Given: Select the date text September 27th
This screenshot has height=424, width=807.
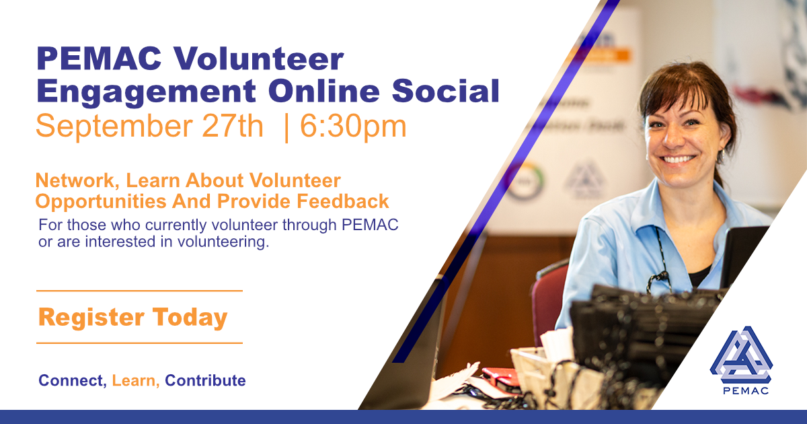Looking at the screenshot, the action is click(149, 127).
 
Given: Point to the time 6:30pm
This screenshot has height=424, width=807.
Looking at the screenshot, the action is click(353, 127).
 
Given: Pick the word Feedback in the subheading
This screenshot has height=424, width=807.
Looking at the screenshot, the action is click(342, 201).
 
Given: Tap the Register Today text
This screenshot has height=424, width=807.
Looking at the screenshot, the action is click(133, 317).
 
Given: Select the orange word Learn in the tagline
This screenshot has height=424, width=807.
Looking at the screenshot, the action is click(136, 380).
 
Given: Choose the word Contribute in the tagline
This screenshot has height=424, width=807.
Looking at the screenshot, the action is click(205, 380).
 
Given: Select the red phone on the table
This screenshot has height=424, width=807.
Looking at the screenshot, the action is click(502, 376).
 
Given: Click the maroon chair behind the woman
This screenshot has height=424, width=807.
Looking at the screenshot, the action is click(547, 295).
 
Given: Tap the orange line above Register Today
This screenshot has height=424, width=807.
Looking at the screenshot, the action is click(139, 291).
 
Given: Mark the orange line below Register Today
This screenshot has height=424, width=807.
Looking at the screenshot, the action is click(139, 343).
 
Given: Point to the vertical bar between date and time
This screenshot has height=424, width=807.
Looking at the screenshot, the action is click(286, 129).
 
